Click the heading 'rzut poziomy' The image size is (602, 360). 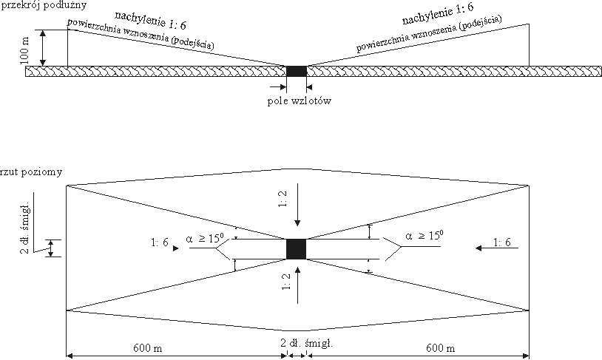pos(32,173)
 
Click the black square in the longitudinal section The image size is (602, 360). pos(297,71)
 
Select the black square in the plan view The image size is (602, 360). pos(297,249)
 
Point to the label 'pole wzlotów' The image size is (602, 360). pos(298,101)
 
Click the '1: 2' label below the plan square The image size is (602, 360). pos(283,285)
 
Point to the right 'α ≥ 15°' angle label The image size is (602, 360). pos(424,237)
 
